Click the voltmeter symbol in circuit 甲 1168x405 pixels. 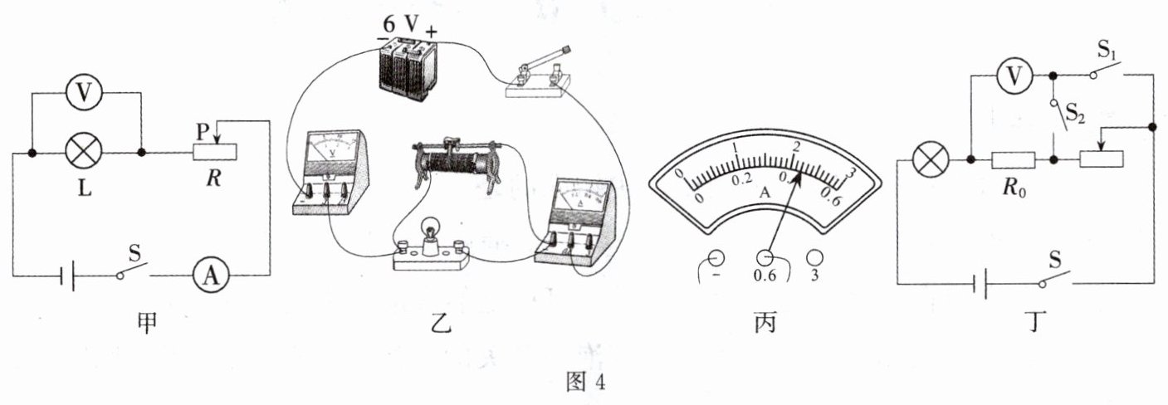click(84, 95)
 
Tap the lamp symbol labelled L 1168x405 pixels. click(84, 153)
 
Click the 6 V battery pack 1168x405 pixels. click(405, 71)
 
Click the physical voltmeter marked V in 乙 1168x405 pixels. click(332, 170)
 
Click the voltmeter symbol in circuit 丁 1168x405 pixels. click(1012, 77)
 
